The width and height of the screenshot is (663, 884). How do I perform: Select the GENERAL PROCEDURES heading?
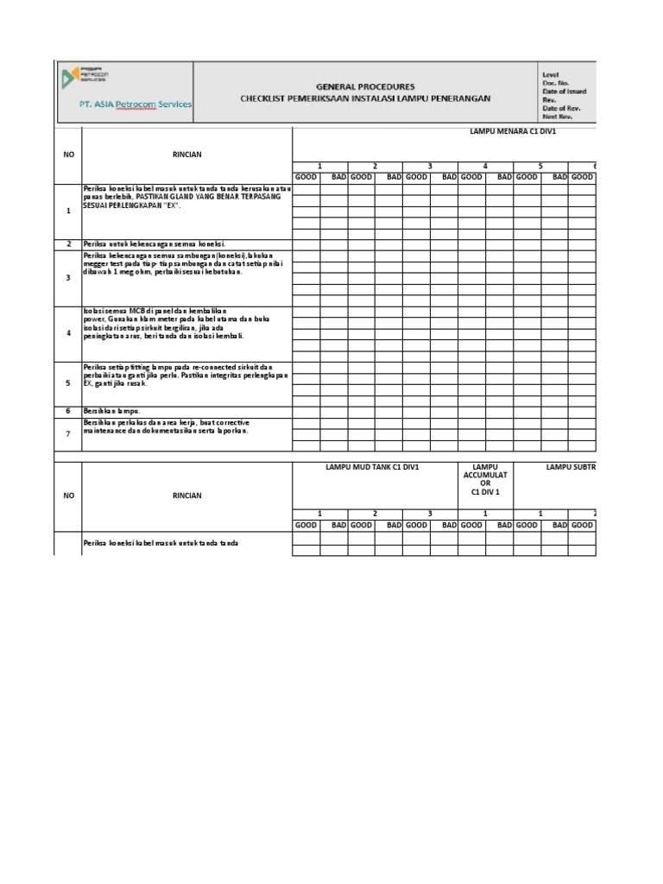pyautogui.click(x=365, y=87)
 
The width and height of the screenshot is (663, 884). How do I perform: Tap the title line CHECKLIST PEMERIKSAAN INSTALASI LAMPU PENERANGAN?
pyautogui.click(x=365, y=98)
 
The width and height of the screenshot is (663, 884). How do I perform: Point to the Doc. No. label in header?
pyautogui.click(x=558, y=85)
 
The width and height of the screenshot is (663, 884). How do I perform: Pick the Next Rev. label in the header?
pyautogui.click(x=558, y=117)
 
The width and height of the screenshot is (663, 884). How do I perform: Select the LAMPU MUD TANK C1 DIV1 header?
pyautogui.click(x=372, y=467)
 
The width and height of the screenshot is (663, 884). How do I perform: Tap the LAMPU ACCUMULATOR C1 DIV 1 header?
pyautogui.click(x=484, y=479)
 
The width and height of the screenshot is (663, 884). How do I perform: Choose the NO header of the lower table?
pyautogui.click(x=67, y=496)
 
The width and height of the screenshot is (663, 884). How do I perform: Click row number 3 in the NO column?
pyautogui.click(x=67, y=278)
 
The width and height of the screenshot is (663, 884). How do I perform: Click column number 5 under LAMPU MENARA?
pyautogui.click(x=540, y=166)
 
